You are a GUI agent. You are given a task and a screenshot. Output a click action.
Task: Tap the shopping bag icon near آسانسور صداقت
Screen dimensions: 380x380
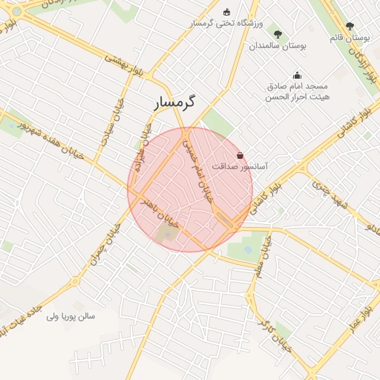point(240,155)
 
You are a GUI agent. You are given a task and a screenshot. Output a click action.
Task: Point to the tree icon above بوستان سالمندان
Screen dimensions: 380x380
point(278,33)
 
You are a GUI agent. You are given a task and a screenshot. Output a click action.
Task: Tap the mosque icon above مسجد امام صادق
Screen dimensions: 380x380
point(297,74)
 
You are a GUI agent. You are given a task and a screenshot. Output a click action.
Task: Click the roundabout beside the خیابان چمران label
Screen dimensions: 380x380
point(74,282)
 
